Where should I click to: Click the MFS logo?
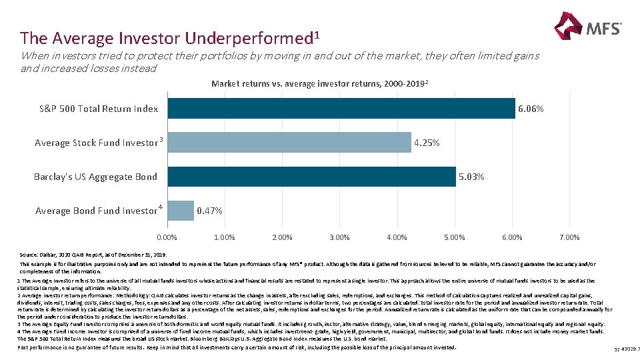(x=587, y=28)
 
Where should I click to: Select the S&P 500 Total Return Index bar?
(x=341, y=109)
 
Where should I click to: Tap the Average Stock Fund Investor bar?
(x=289, y=143)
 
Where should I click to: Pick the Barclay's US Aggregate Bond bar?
(x=311, y=177)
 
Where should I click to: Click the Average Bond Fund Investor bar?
(x=180, y=211)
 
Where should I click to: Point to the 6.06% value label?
(x=531, y=109)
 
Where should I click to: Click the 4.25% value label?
(x=427, y=143)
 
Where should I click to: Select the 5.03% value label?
(x=471, y=177)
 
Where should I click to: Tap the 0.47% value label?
(x=209, y=211)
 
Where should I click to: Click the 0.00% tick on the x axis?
(x=167, y=237)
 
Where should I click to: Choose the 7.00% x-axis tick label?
(x=569, y=237)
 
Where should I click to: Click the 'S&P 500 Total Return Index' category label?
(x=99, y=109)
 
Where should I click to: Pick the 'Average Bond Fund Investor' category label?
(x=97, y=211)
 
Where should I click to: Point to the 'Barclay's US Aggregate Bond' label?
(x=95, y=177)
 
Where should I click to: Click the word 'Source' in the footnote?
(x=30, y=255)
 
